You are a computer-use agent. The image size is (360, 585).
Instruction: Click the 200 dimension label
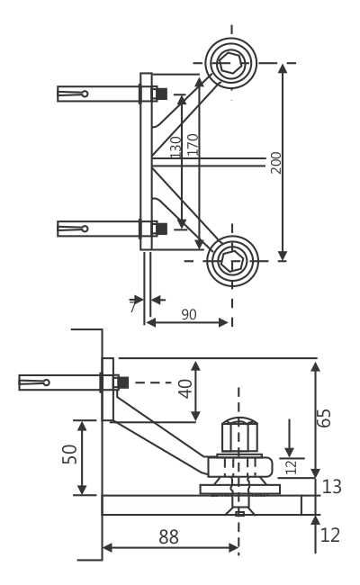pyautogui.click(x=275, y=162)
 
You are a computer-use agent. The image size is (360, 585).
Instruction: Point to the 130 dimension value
pyautogui.click(x=176, y=146)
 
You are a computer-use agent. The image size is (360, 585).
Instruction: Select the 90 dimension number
pyautogui.click(x=190, y=314)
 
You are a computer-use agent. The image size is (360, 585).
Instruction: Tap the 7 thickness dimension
pyautogui.click(x=132, y=306)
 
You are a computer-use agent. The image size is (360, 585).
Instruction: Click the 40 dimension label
pyautogui.click(x=184, y=389)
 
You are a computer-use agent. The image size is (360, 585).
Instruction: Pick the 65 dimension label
pyautogui.click(x=325, y=418)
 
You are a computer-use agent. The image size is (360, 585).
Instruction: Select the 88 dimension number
pyautogui.click(x=168, y=537)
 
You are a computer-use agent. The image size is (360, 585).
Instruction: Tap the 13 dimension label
pyautogui.click(x=331, y=487)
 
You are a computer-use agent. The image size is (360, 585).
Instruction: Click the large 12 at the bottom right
pyautogui.click(x=330, y=535)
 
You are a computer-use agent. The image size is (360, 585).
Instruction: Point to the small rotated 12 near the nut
pyautogui.click(x=290, y=465)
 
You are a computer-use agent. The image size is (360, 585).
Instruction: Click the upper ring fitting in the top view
pyautogui.click(x=231, y=63)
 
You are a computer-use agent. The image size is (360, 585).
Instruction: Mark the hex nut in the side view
pyautogui.click(x=239, y=436)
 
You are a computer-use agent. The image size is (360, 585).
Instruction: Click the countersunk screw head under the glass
pyautogui.click(x=238, y=512)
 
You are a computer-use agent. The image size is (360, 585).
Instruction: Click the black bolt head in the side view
pyautogui.click(x=122, y=382)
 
